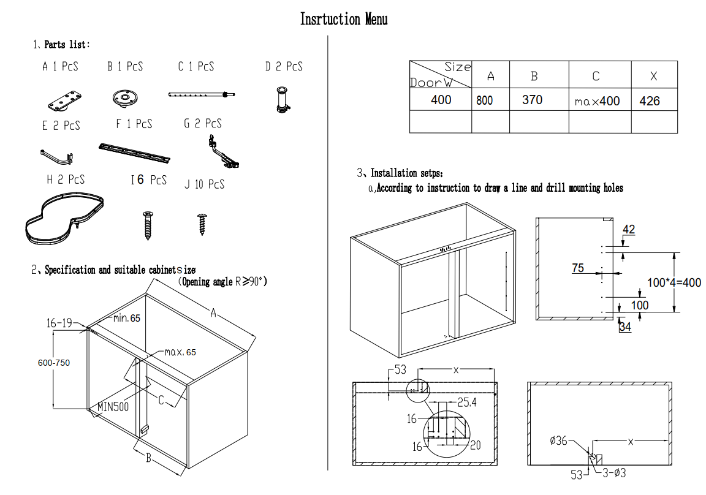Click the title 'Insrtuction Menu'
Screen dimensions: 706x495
pyautogui.click(x=344, y=20)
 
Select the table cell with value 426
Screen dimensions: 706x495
pyautogui.click(x=655, y=99)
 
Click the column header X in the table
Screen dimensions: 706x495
pyautogui.click(x=655, y=75)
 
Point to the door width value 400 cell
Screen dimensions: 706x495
pyautogui.click(x=441, y=99)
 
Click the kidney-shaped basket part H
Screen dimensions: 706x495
pyautogui.click(x=64, y=218)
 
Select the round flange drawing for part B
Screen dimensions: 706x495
pyautogui.click(x=125, y=98)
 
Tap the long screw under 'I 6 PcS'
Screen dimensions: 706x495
pyautogui.click(x=148, y=225)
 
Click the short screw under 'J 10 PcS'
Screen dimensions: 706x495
pyautogui.click(x=202, y=224)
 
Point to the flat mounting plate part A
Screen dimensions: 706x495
pyautogui.click(x=65, y=101)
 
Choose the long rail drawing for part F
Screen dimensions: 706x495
pyautogui.click(x=135, y=153)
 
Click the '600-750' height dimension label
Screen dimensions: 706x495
pyautogui.click(x=54, y=363)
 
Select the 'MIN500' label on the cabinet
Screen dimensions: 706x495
pyautogui.click(x=113, y=407)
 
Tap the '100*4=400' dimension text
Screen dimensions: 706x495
pyautogui.click(x=674, y=282)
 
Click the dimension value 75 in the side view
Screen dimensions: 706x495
pyautogui.click(x=578, y=268)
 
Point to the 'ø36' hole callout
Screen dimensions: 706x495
pyautogui.click(x=558, y=440)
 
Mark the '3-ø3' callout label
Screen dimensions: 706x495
pyautogui.click(x=614, y=473)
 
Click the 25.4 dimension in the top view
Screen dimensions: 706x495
pyautogui.click(x=467, y=402)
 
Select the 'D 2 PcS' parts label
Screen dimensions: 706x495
pyautogui.click(x=284, y=67)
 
